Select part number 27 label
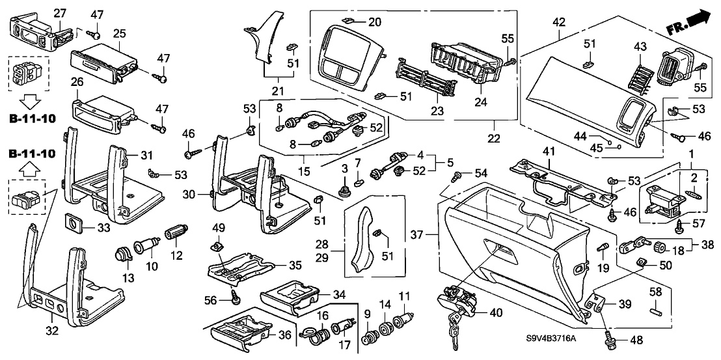coord(60,13)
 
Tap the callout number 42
coord(559,22)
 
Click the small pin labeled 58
coord(657,308)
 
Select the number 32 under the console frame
coord(52,331)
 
